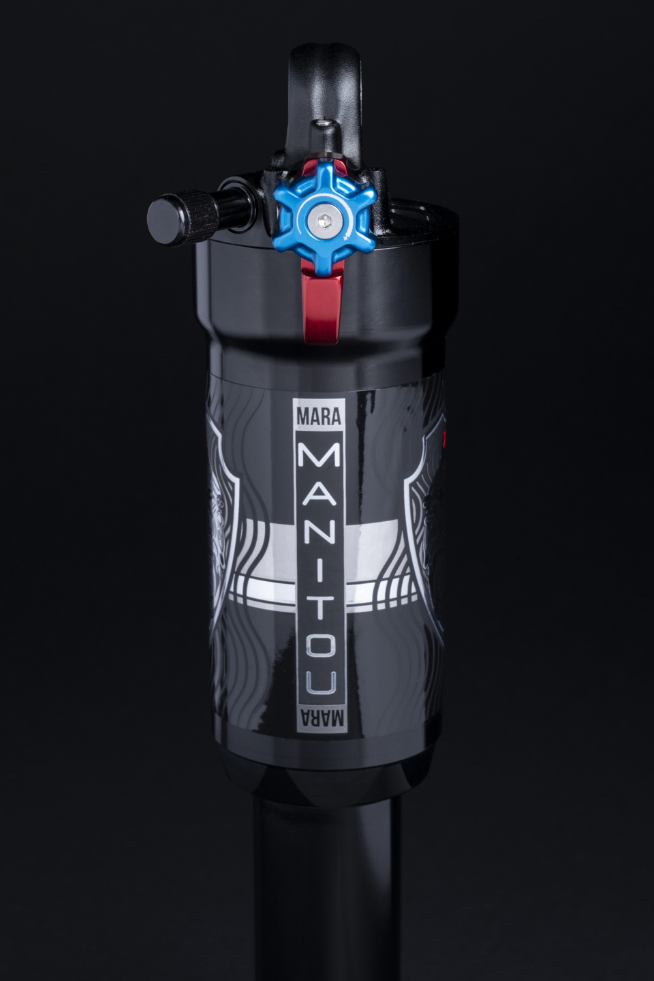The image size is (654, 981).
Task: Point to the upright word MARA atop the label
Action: tap(319, 415)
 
